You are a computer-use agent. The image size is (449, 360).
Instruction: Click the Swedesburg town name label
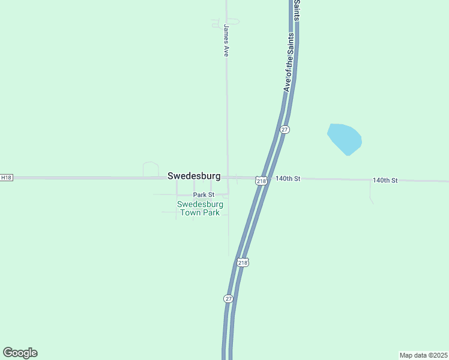[194, 176]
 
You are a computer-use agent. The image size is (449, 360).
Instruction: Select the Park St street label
[203, 195]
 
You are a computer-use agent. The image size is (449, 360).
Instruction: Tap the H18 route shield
[6, 178]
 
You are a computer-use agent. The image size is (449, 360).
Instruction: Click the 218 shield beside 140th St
[261, 181]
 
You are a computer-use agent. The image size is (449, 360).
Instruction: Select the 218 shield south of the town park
[243, 262]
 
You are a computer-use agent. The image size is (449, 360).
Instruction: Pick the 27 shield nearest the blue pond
[285, 130]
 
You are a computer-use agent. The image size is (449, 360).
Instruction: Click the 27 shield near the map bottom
[228, 298]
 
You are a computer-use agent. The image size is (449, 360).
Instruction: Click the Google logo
[20, 353]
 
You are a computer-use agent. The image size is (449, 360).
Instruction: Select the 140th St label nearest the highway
[288, 179]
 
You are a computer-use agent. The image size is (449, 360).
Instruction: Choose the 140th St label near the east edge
[385, 180]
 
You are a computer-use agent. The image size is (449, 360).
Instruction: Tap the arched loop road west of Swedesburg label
[151, 169]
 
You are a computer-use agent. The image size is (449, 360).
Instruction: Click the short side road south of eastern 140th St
[370, 192]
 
